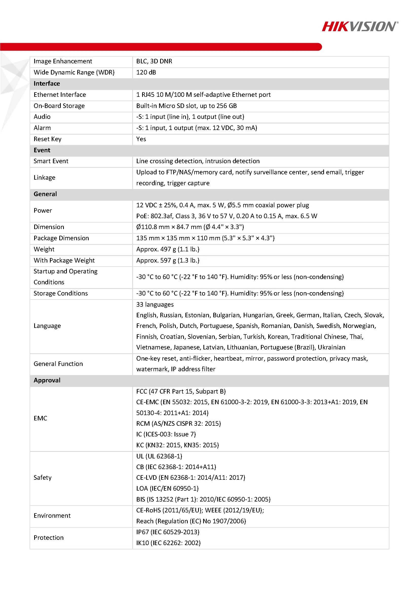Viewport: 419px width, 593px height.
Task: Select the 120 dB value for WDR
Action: coord(146,72)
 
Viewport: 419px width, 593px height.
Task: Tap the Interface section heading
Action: coord(47,83)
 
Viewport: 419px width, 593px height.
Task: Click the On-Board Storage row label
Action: coord(59,106)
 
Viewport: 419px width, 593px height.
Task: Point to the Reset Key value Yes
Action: coord(141,139)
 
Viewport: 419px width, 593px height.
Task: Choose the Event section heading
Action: coord(42,150)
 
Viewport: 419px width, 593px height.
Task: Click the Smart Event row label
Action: coord(51,161)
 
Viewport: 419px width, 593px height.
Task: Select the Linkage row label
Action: coord(44,177)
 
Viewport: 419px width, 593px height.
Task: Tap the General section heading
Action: coord(45,194)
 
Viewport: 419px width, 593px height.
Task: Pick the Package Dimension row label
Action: coord(61,238)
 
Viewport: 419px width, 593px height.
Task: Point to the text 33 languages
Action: coord(155,305)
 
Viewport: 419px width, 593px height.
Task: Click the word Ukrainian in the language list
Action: coord(331,347)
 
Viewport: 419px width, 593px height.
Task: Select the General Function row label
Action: coord(58,364)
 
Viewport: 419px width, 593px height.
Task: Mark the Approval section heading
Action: coord(47,380)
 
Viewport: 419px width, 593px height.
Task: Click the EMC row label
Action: coord(40,418)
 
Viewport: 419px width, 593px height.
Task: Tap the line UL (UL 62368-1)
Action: coord(159,456)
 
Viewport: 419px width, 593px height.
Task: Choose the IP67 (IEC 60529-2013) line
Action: coord(168,532)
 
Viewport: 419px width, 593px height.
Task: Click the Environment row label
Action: coord(52,515)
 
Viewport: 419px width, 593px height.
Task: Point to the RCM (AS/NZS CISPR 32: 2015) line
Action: coord(178,423)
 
